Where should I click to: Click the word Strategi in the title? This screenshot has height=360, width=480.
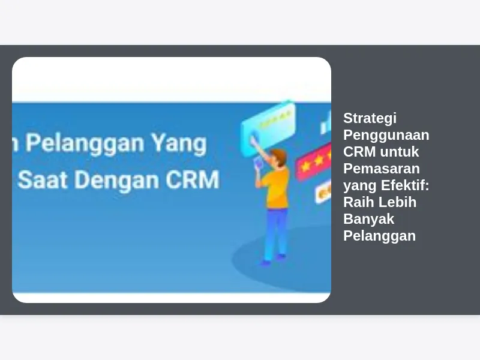370,119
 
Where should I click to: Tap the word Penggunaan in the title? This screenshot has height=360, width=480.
386,136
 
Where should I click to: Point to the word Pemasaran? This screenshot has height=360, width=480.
382,169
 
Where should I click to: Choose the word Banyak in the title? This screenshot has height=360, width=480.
368,220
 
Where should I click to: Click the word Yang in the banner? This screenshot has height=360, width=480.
179,144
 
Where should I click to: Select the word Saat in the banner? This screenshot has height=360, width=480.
42,179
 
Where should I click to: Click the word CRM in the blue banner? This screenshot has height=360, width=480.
193,179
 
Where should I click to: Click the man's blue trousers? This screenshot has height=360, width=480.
276,233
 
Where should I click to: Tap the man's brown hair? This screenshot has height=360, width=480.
279,156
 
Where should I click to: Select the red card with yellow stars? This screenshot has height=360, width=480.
314,162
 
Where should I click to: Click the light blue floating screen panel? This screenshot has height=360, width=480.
268,128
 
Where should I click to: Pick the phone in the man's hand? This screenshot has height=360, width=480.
258,162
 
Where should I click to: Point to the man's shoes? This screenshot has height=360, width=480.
272,260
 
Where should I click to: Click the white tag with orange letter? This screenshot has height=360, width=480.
323,191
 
